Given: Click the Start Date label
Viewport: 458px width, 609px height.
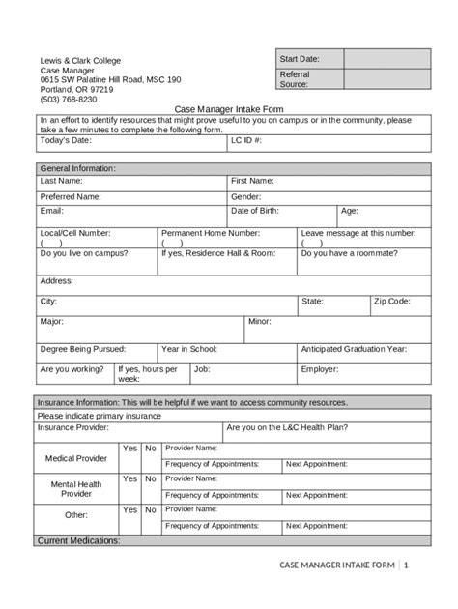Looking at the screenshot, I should tap(300, 60).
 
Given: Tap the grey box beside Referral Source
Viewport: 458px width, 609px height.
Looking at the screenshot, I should tap(386, 80).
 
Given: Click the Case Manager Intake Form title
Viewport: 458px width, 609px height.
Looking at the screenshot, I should tap(228, 110).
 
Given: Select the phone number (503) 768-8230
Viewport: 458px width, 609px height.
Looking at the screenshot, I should tap(68, 100).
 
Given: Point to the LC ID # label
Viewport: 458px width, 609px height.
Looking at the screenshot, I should tap(247, 140).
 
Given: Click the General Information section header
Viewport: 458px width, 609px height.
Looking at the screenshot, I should tap(77, 168).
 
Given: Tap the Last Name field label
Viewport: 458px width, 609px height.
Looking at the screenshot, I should tap(61, 181).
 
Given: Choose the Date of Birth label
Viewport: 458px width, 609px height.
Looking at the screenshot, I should tap(261, 210).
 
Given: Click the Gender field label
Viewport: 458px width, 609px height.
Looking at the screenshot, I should tap(246, 196).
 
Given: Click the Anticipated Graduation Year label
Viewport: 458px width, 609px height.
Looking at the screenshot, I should tap(354, 349).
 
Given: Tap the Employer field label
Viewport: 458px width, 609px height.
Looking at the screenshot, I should tap(320, 368).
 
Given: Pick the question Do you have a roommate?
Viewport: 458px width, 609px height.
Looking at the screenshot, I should tap(349, 253).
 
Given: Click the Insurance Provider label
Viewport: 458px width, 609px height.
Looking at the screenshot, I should tap(73, 426).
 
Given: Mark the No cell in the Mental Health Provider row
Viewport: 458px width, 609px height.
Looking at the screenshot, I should tap(151, 478).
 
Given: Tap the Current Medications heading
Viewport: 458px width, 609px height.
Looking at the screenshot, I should tap(78, 540).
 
